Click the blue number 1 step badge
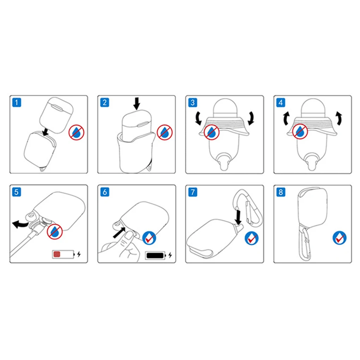(x=17, y=102)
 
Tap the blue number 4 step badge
(x=281, y=102)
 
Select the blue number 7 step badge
(x=193, y=192)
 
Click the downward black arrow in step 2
(x=137, y=103)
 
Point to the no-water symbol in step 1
(x=77, y=132)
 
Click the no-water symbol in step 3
(x=212, y=132)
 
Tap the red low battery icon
(x=63, y=254)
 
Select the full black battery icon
(x=156, y=255)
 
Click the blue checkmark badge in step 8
(x=340, y=238)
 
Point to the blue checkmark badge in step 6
(x=149, y=238)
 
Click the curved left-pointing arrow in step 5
(x=20, y=224)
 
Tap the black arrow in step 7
(x=238, y=217)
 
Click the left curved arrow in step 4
(x=286, y=119)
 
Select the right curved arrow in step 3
(x=252, y=118)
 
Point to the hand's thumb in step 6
(x=129, y=235)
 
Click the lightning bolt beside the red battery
(x=79, y=254)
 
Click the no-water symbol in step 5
(x=55, y=232)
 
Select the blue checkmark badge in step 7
(x=251, y=238)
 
